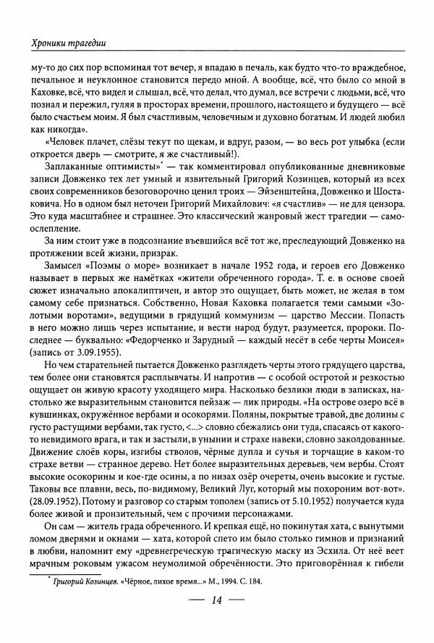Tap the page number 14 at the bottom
(x=217, y=620)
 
